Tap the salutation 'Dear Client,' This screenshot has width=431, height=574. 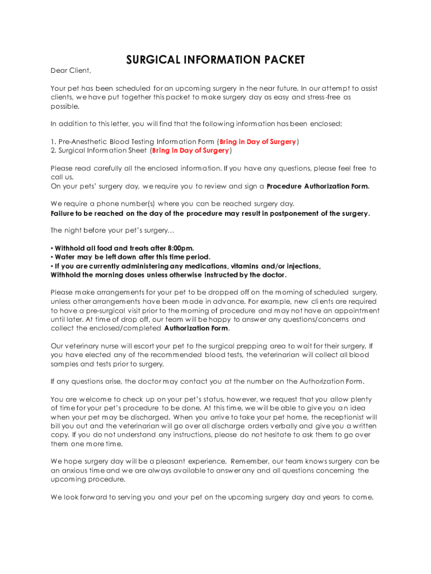point(71,71)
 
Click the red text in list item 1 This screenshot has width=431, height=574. point(257,142)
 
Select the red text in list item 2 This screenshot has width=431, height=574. point(190,150)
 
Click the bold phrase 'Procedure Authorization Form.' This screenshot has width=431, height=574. point(318,186)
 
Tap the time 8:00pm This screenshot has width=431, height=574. point(180,248)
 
